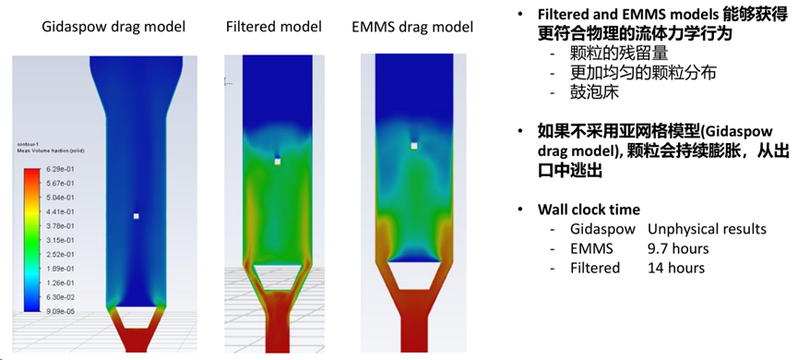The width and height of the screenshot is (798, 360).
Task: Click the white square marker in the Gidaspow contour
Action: [136, 216]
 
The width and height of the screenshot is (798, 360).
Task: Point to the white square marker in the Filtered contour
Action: [277, 162]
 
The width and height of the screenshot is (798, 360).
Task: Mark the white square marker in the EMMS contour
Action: [414, 146]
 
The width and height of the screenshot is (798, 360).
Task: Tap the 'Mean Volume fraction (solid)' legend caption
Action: [42, 150]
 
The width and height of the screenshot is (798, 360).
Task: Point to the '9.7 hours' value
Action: [678, 248]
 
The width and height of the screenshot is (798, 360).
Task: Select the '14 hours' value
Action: [676, 268]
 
